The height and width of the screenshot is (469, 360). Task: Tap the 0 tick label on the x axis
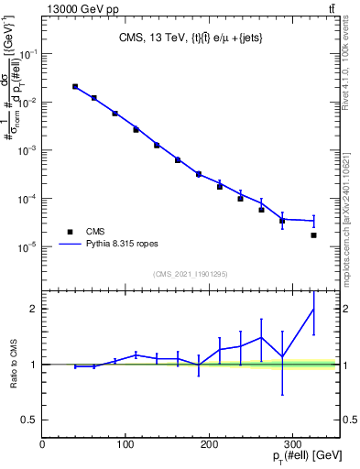[x=42, y=442]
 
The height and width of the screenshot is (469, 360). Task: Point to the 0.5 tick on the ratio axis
[x=29, y=420]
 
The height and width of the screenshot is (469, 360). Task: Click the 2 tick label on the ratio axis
[x=34, y=309]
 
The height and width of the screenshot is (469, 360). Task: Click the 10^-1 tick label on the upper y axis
[x=27, y=54]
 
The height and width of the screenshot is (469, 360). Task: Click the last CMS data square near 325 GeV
[x=313, y=235]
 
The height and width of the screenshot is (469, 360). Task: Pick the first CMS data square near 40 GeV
[x=75, y=87]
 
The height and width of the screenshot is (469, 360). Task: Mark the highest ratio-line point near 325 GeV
[x=313, y=309]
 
